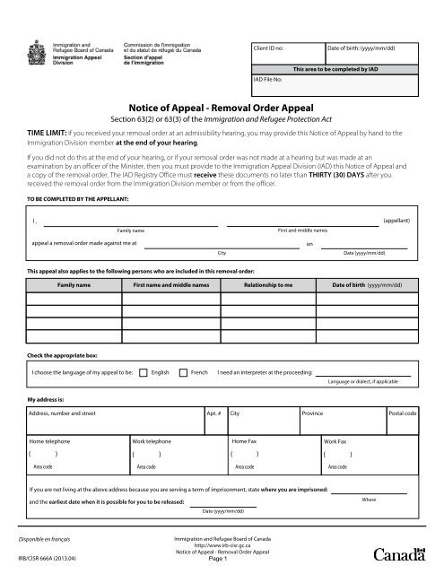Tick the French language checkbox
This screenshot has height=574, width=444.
click(x=184, y=370)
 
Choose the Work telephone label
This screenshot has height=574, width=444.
click(x=152, y=442)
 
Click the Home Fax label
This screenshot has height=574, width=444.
click(x=247, y=442)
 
